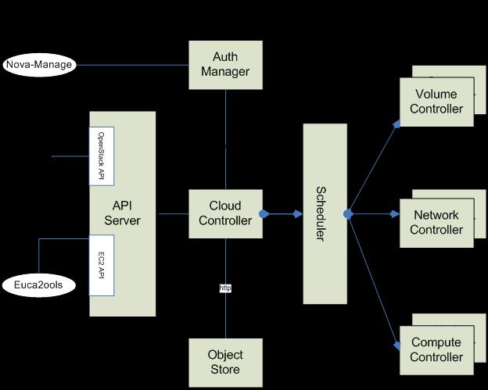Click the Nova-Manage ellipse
tap(39, 65)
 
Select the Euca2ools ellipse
tap(39, 285)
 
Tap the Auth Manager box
tap(226, 65)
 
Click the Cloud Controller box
tap(226, 213)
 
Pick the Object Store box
tap(226, 363)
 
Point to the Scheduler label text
tap(321, 214)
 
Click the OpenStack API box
tap(102, 156)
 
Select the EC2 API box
tap(102, 265)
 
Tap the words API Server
tap(122, 213)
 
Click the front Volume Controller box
tap(436, 102)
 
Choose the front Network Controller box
tap(436, 223)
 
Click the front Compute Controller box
tap(436, 350)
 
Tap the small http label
tap(225, 288)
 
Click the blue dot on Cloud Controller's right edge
tap(264, 214)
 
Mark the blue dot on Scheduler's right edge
tap(348, 214)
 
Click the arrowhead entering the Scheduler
tap(298, 214)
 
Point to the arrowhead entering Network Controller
tap(395, 214)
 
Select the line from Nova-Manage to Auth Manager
tap(133, 65)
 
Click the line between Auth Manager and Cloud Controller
tap(226, 140)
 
